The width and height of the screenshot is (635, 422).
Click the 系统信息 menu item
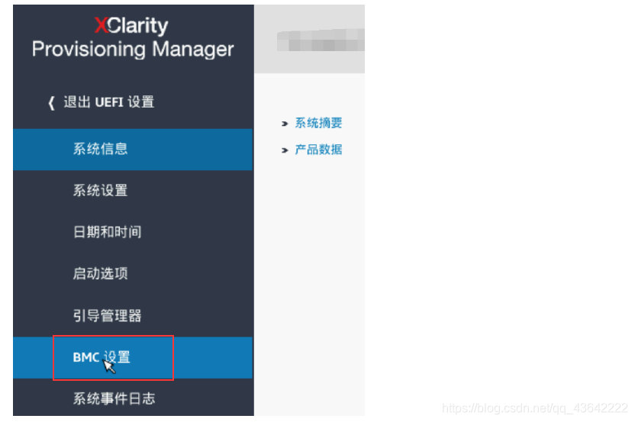(100, 149)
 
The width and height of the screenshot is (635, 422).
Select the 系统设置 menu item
(100, 190)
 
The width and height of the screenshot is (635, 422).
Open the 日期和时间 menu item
(107, 232)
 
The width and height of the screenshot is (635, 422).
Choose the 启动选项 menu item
(100, 273)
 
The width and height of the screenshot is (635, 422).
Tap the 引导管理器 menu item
(107, 315)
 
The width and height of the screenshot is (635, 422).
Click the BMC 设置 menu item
(102, 357)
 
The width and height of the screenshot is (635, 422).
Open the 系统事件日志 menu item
(114, 398)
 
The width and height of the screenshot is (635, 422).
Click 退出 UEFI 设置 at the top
(108, 102)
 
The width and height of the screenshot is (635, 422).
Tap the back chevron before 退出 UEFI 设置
(52, 103)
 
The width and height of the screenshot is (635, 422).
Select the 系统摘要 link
(318, 123)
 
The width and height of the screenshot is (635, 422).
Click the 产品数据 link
(318, 150)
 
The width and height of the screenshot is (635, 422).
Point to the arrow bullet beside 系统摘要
(285, 124)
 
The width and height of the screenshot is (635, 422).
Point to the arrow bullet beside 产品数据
(285, 150)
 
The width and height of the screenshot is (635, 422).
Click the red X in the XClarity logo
(102, 25)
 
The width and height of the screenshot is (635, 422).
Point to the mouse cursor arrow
(108, 366)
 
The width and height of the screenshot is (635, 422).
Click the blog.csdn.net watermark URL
(534, 409)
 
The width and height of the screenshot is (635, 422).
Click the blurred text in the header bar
(321, 38)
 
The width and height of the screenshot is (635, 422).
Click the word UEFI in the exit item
(110, 102)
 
